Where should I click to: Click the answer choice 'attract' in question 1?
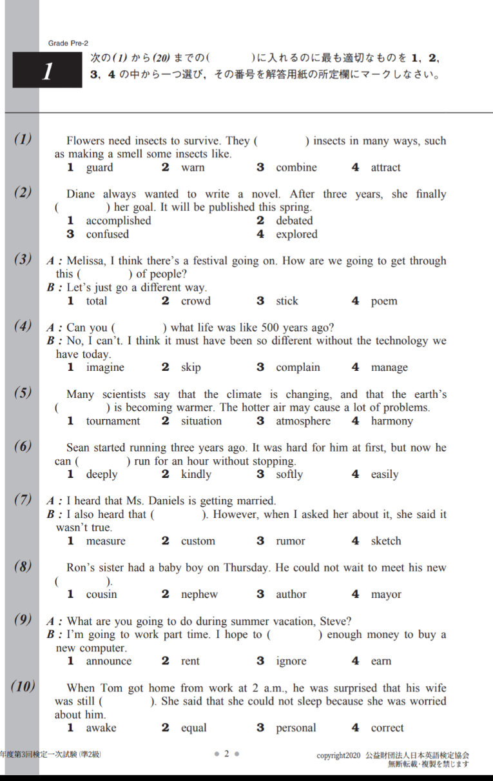pyautogui.click(x=385, y=168)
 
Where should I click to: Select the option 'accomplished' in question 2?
pyautogui.click(x=119, y=221)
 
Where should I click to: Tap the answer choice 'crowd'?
pyautogui.click(x=195, y=301)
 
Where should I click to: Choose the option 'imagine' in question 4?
pyautogui.click(x=105, y=368)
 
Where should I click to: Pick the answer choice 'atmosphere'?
pyautogui.click(x=303, y=421)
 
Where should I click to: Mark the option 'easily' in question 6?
pyautogui.click(x=384, y=475)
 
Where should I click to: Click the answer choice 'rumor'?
pyautogui.click(x=291, y=541)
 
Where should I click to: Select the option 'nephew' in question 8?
pyautogui.click(x=199, y=595)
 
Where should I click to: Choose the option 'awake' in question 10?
pyautogui.click(x=101, y=728)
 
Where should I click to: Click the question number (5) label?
pyautogui.click(x=23, y=393)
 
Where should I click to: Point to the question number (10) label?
pyautogui.click(x=23, y=687)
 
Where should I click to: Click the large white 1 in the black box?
pyautogui.click(x=47, y=72)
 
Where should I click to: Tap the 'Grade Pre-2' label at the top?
pyautogui.click(x=68, y=43)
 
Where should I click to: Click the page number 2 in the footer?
pyautogui.click(x=227, y=753)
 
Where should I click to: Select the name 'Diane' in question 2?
pyautogui.click(x=81, y=194)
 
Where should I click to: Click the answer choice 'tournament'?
pyautogui.click(x=113, y=421)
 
